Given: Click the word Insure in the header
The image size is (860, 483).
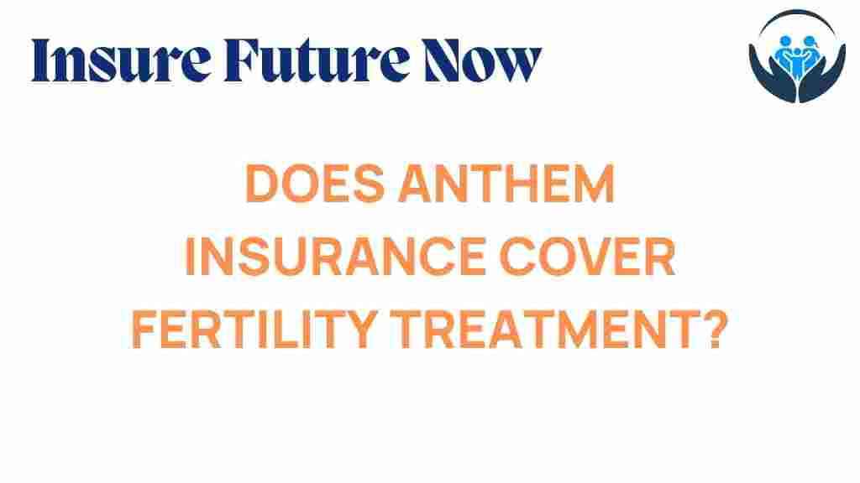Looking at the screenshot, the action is pyautogui.click(x=121, y=60).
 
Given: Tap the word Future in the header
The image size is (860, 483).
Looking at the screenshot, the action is pyautogui.click(x=317, y=60).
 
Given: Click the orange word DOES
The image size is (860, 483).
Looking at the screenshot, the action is pyautogui.click(x=315, y=184).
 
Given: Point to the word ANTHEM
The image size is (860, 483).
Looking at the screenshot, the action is pyautogui.click(x=506, y=184).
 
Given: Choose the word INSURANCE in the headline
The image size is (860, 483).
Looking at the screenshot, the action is pyautogui.click(x=335, y=257).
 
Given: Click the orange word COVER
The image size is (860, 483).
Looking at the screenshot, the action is pyautogui.click(x=587, y=257).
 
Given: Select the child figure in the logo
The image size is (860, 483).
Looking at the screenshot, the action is pyautogui.click(x=797, y=61).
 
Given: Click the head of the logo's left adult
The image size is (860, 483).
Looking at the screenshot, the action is pyautogui.click(x=785, y=41).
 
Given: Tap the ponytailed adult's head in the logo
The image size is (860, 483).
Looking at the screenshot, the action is pyautogui.click(x=810, y=41).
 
